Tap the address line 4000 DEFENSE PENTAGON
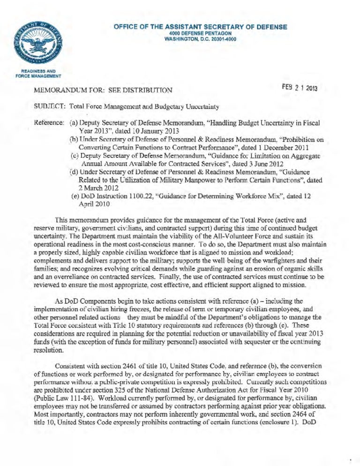coord(200,33)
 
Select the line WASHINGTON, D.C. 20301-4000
coord(200,39)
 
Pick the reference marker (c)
coord(74,156)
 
